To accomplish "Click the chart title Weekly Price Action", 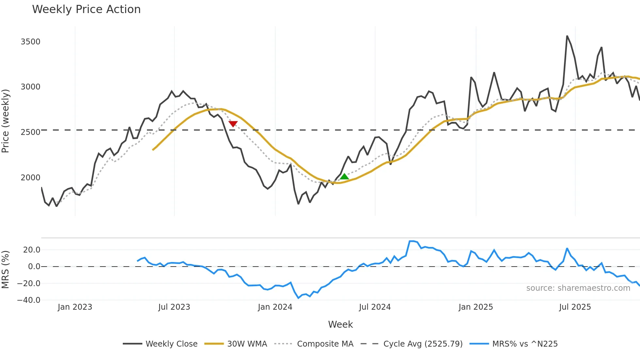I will (x=86, y=9).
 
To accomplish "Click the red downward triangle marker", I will (x=233, y=123).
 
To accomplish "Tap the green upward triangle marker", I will (x=344, y=177).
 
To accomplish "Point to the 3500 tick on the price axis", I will (x=30, y=42).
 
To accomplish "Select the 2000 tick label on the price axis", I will (x=30, y=178).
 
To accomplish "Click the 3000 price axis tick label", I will (x=30, y=87).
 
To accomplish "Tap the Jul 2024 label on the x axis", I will (x=375, y=307).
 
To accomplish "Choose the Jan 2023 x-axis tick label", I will (x=75, y=307).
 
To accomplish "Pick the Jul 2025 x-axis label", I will (x=575, y=307).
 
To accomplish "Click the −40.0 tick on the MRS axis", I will (x=29, y=300).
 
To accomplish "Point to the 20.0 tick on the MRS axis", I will (x=32, y=250).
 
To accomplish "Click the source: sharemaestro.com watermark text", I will (x=578, y=288).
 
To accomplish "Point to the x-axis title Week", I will (x=340, y=324).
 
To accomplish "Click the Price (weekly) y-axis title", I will (x=6, y=121).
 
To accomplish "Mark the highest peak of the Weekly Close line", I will (x=567, y=36).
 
